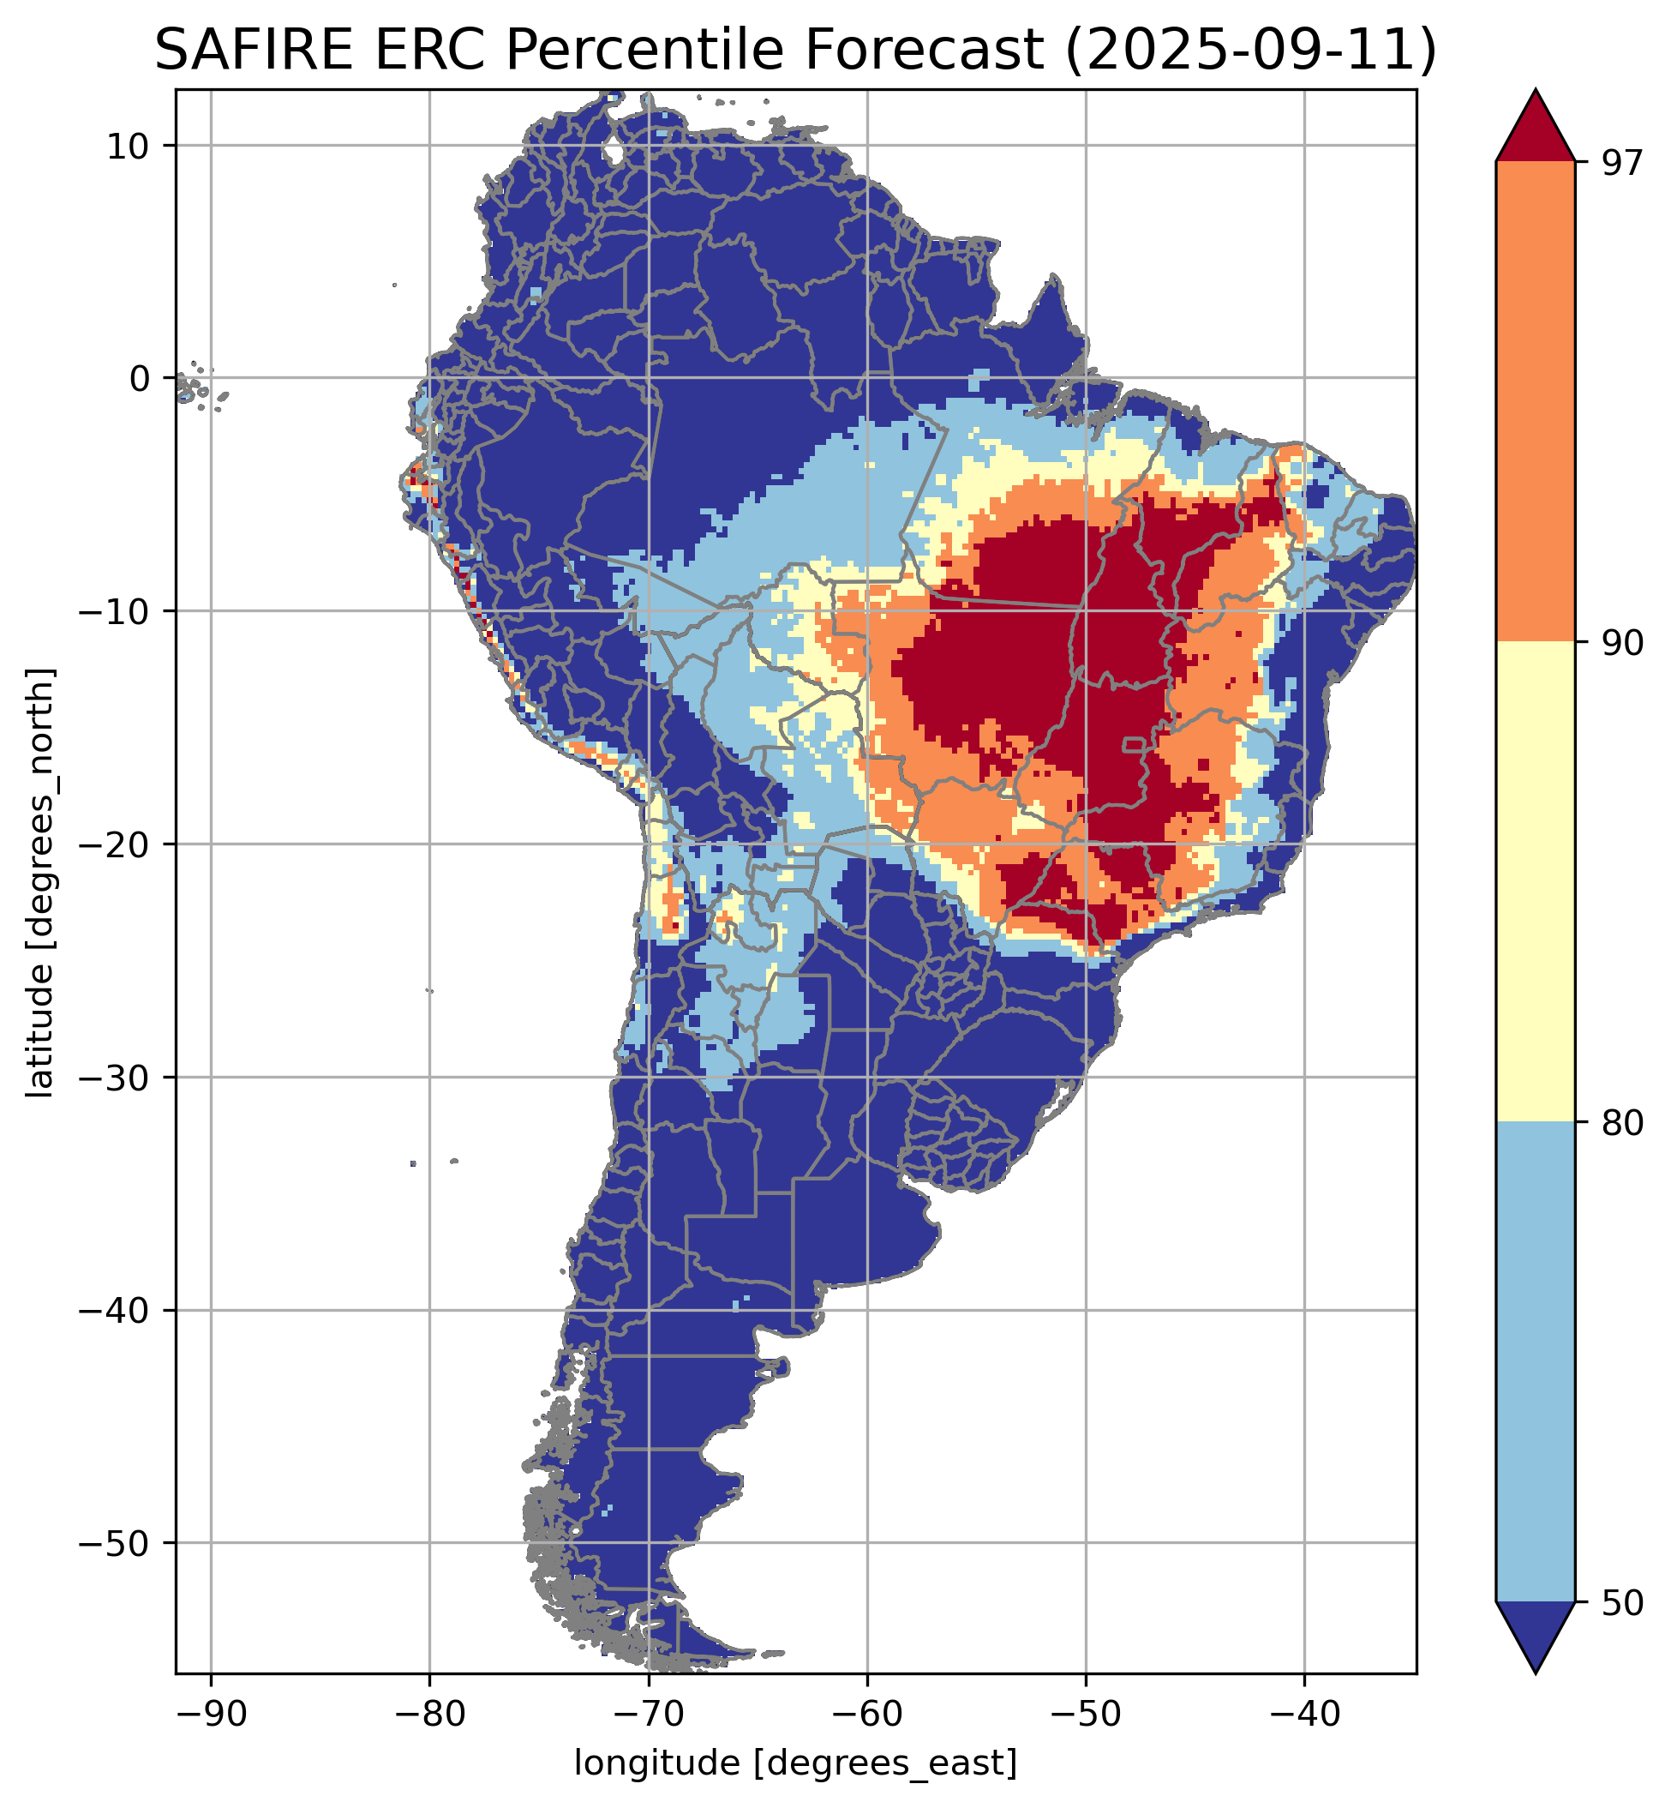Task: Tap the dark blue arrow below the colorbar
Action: pos(1536,1633)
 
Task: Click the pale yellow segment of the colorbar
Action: pos(1536,882)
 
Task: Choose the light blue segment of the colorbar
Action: pos(1536,1361)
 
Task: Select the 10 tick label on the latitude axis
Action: pos(128,146)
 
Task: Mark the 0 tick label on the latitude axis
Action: pos(139,379)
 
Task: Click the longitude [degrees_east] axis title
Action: pos(796,1763)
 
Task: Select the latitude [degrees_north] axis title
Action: pos(40,883)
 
